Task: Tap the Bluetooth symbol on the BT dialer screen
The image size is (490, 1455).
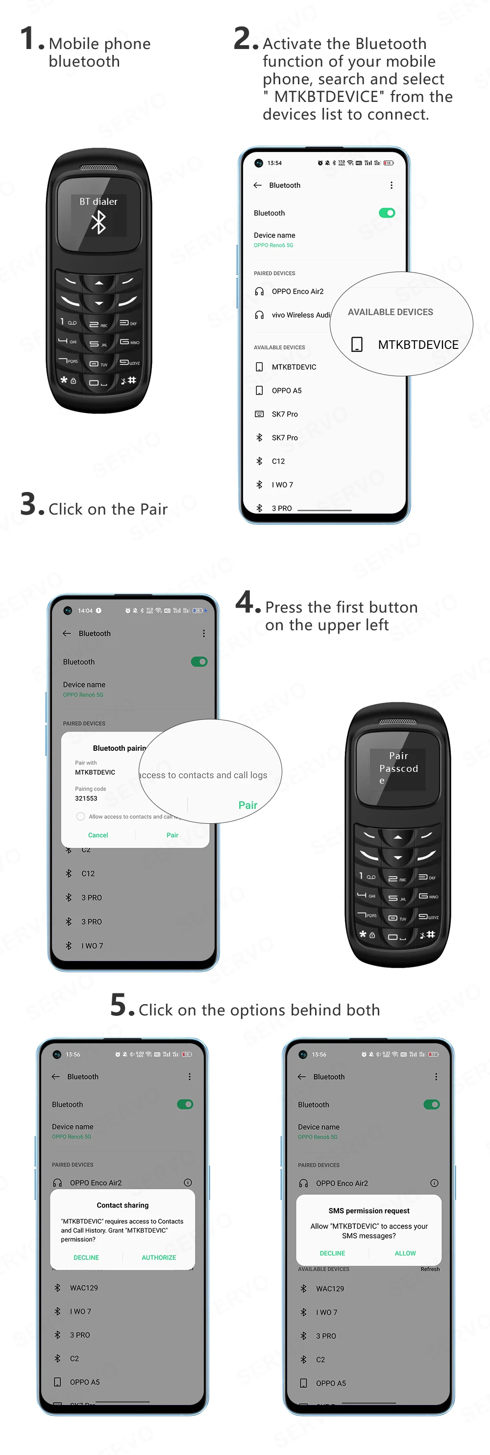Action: coord(99,222)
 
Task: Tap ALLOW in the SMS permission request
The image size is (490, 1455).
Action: coord(405,1253)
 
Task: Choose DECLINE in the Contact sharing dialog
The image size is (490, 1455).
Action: coord(86,1258)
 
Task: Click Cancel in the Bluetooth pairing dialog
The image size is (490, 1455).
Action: coord(98,835)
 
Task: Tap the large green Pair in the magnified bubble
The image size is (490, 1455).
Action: coord(248,805)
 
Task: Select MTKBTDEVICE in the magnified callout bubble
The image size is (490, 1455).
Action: coord(418,345)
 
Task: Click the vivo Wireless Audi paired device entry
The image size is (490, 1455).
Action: coord(300,315)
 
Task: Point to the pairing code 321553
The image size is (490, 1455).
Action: coord(86,798)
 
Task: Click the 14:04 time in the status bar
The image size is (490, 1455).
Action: coord(85,611)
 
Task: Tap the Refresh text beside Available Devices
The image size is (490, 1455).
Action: coord(430,1269)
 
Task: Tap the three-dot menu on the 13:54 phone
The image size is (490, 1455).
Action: coord(391,185)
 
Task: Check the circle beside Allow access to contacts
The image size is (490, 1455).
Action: coord(81,816)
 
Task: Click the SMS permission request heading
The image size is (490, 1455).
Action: coord(368,1210)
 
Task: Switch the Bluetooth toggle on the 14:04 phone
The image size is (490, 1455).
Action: coord(199,662)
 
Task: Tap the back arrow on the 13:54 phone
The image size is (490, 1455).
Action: coord(258,185)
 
